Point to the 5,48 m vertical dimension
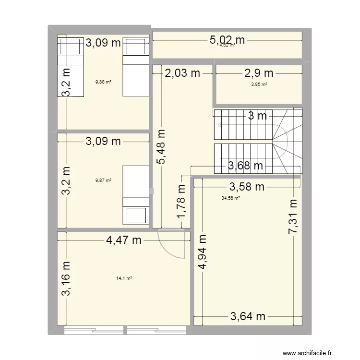coord(161,147)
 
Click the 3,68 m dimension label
coord(245,167)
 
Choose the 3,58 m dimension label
coord(247,187)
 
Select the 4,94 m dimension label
coord(203,255)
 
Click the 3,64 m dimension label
coord(248,316)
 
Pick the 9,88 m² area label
coord(104,82)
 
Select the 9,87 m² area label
coord(103,180)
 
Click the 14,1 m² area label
coord(124,278)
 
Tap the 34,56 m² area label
coord(230,198)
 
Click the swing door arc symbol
coord(171,243)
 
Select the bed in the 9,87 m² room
coord(135,195)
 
